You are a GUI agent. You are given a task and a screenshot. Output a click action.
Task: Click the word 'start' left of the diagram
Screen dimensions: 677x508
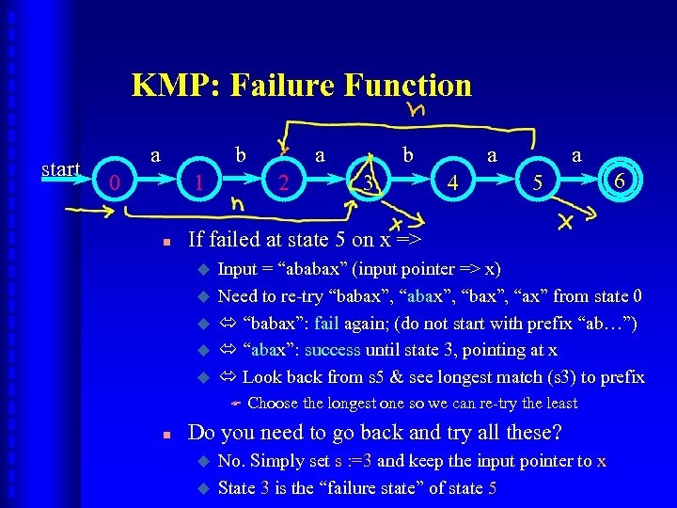click(61, 169)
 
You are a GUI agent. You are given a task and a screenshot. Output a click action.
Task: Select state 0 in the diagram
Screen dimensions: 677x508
click(114, 182)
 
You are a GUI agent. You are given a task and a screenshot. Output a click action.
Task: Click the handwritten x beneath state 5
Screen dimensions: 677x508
click(566, 221)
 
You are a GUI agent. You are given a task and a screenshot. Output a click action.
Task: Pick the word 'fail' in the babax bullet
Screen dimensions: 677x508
click(326, 323)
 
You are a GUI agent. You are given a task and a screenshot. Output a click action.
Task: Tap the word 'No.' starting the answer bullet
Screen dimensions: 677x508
click(230, 461)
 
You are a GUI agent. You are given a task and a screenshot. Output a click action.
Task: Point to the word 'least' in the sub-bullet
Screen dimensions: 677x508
click(557, 404)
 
